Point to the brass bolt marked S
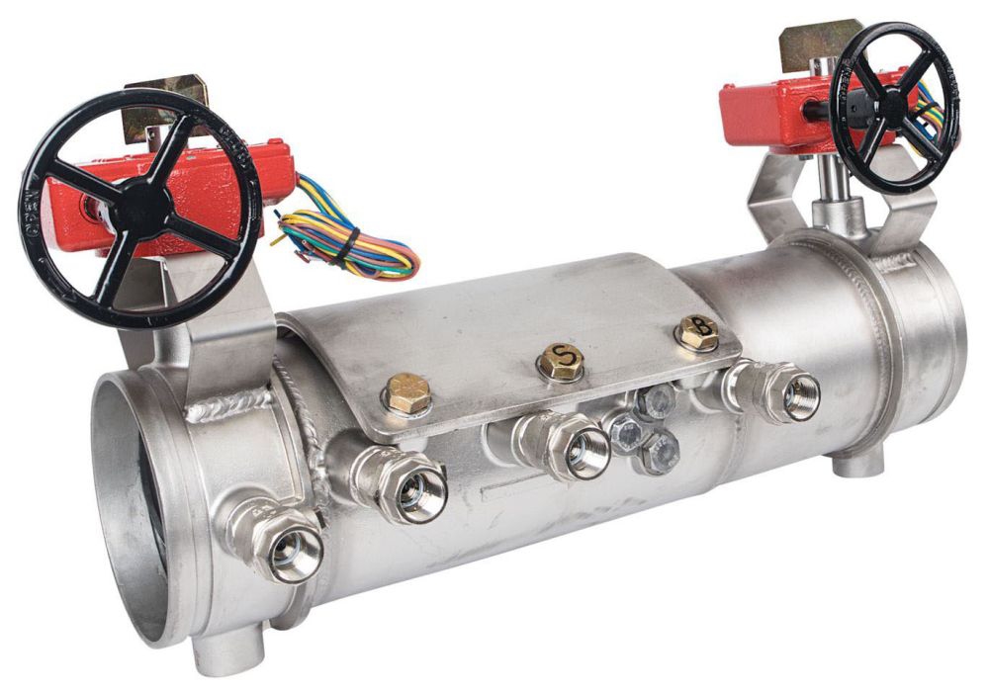pyautogui.click(x=561, y=362)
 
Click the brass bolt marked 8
pyautogui.click(x=698, y=332)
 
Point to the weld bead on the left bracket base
pyautogui.click(x=227, y=405)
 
